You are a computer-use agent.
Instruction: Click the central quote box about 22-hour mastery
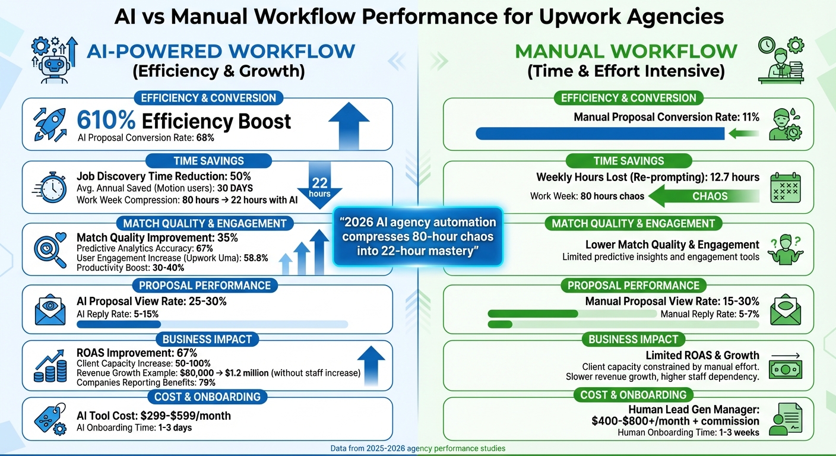418,237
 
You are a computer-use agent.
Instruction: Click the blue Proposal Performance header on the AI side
204,286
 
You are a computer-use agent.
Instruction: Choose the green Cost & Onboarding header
633,395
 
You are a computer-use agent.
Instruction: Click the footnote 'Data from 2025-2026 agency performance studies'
418,448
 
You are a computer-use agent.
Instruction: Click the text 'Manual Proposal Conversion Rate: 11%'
666,117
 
